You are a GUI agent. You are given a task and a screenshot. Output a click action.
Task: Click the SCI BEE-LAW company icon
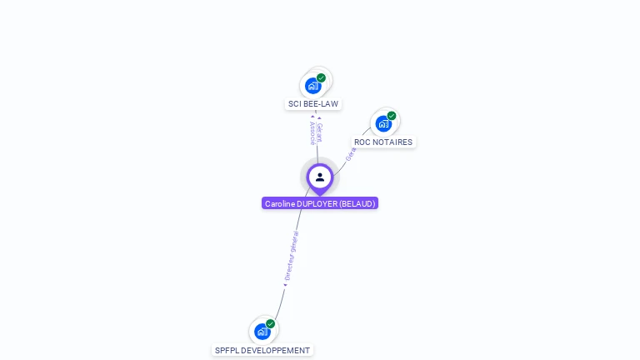[x=313, y=85]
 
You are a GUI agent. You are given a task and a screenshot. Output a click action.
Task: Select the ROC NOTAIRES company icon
[x=383, y=123]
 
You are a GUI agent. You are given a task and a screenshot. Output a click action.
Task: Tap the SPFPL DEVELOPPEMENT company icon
[x=262, y=331]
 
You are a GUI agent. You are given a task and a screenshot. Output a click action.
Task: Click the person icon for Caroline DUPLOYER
[x=320, y=177]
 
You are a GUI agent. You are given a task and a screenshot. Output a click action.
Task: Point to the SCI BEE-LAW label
[x=313, y=104]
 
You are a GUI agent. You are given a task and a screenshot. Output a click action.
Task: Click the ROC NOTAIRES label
[x=383, y=142]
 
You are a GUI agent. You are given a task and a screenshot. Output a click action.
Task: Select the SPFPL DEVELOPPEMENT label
[x=262, y=351]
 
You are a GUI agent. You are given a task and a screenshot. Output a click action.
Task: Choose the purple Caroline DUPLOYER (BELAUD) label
[x=320, y=203]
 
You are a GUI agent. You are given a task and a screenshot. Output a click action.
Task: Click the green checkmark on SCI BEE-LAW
[x=321, y=77]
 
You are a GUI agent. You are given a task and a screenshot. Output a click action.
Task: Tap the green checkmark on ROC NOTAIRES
[x=391, y=116]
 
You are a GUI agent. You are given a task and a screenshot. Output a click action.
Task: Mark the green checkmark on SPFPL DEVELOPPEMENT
[x=270, y=323]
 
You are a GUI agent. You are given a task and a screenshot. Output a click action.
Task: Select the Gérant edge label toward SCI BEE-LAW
[x=320, y=131]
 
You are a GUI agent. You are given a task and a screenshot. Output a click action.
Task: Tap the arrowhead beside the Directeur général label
[x=285, y=285]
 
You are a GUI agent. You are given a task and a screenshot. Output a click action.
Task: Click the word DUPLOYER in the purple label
[x=316, y=203]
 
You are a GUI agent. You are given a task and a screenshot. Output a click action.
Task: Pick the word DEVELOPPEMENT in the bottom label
[x=274, y=351]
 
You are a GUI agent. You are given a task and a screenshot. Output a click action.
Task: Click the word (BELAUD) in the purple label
[x=357, y=203]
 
